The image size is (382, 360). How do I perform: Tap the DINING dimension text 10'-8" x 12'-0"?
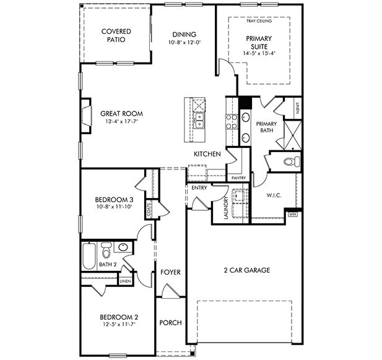click(x=184, y=43)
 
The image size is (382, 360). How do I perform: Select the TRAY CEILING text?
click(x=259, y=21)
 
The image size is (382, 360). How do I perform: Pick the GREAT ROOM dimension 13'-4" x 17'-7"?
click(x=121, y=122)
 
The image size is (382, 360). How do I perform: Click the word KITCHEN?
click(x=207, y=154)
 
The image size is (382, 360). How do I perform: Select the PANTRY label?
click(x=238, y=178)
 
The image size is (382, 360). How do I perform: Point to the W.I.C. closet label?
click(x=274, y=195)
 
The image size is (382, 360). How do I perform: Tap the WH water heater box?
click(x=293, y=215)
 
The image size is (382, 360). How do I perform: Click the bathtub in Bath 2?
click(x=90, y=253)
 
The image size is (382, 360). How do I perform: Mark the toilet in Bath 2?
click(x=106, y=252)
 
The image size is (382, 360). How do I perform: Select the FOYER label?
click(x=170, y=272)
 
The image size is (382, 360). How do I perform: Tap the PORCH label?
click(x=170, y=322)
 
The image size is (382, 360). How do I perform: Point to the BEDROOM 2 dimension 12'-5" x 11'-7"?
click(x=118, y=324)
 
